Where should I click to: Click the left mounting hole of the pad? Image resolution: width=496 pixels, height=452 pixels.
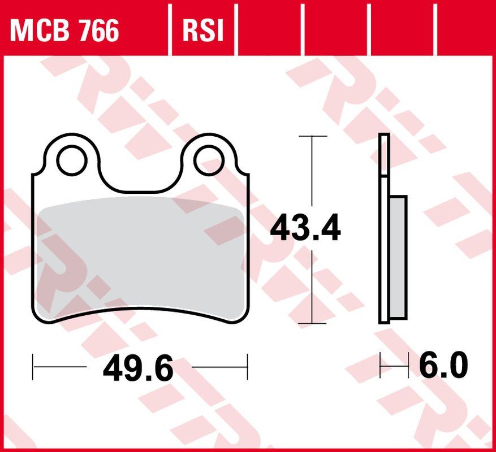pyautogui.click(x=71, y=160)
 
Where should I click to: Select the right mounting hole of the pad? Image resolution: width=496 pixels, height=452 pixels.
pyautogui.click(x=208, y=160)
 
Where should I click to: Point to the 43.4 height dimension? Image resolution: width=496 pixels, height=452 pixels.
pyautogui.click(x=305, y=229)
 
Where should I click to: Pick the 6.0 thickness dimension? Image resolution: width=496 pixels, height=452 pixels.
pyautogui.click(x=443, y=366)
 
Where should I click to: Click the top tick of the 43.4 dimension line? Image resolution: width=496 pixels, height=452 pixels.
pyautogui.click(x=312, y=136)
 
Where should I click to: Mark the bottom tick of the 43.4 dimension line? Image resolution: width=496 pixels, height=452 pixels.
pyautogui.click(x=312, y=324)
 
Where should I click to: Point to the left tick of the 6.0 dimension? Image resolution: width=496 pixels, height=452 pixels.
pyautogui.click(x=381, y=366)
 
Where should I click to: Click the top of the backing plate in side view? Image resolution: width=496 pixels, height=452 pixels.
pyautogui.click(x=384, y=137)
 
